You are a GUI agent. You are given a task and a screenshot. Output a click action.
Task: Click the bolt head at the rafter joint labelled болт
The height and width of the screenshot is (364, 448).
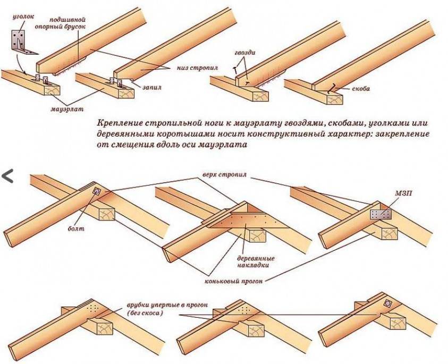(x=97, y=191)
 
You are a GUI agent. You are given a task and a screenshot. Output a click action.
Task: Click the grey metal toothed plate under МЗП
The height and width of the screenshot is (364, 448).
(x=380, y=214)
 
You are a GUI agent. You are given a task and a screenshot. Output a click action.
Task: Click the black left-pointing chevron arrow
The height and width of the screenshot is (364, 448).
(x=7, y=176)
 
